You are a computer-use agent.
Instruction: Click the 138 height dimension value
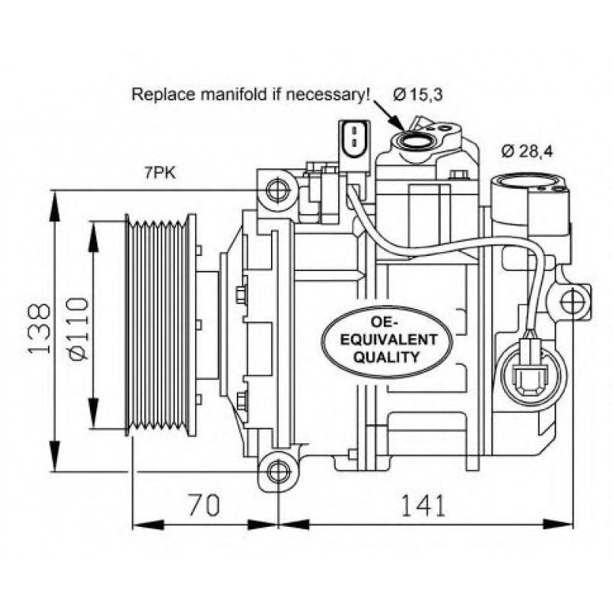[x=40, y=329]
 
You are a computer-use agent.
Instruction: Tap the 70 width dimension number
[x=203, y=504]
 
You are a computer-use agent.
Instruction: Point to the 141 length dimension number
[x=420, y=504]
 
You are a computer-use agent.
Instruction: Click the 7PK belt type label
[x=160, y=173]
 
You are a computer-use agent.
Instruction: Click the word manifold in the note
[x=235, y=95]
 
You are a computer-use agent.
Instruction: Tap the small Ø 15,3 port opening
[x=415, y=139]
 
